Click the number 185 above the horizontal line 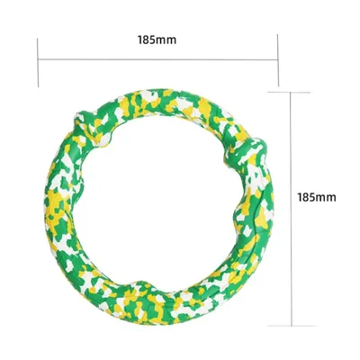click(x=145, y=40)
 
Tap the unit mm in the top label click(x=165, y=40)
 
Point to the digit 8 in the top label click(x=145, y=40)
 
